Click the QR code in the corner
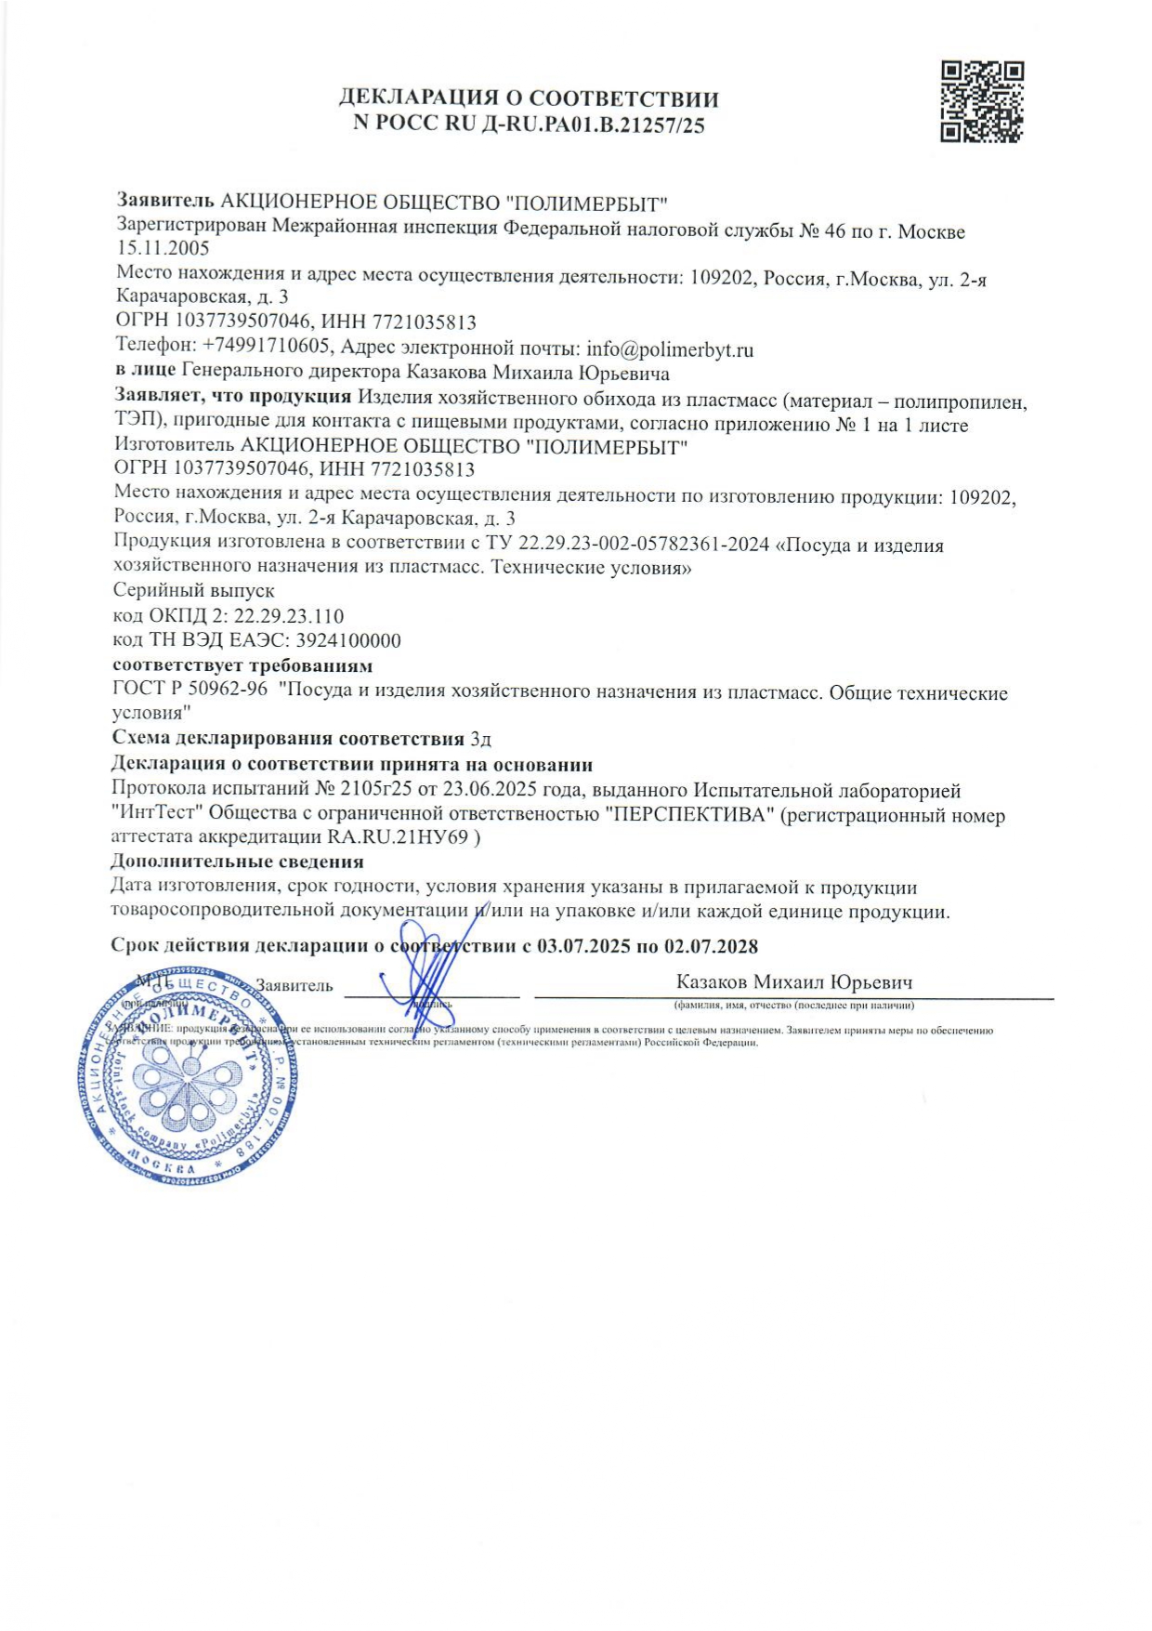coord(982,101)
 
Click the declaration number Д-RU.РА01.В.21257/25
coord(594,125)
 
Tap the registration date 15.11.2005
coord(163,248)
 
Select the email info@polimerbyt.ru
coord(670,350)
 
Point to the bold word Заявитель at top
coord(164,202)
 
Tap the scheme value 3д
coord(480,740)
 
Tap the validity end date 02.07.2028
coord(711,947)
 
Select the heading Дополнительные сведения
coord(237,862)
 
